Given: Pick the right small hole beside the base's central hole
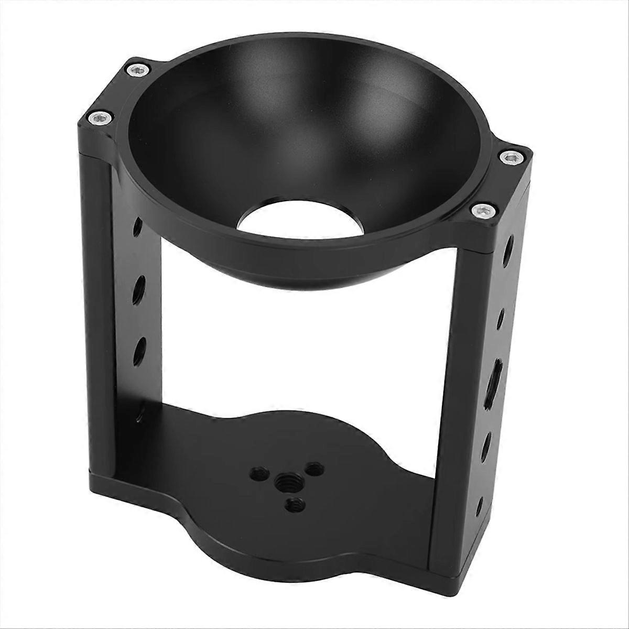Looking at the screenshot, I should click(314, 465).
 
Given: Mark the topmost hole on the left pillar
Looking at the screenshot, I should click(137, 226).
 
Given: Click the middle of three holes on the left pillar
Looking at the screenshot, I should click(140, 287).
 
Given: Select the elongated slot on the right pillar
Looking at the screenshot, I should click(495, 372).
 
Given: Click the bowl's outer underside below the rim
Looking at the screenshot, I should click(294, 267).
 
